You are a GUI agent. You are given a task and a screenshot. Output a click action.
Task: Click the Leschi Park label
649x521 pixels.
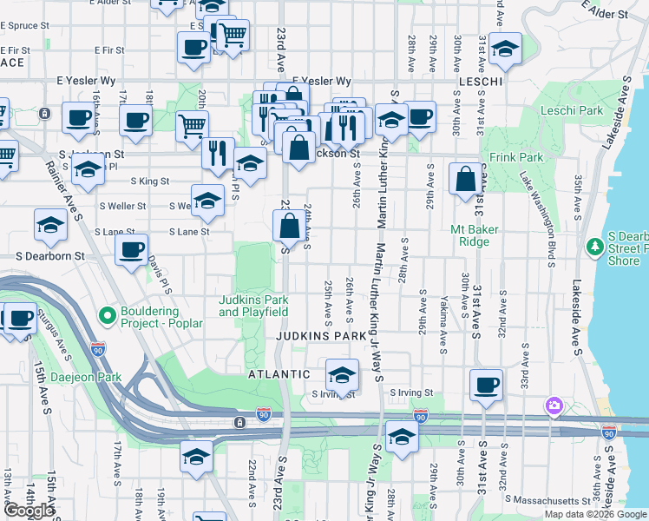(x=571, y=111)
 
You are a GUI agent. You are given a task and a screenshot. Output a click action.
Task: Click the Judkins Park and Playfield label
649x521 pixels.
(x=252, y=306)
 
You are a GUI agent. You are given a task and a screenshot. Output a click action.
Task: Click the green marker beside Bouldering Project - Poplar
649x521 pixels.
(x=107, y=314)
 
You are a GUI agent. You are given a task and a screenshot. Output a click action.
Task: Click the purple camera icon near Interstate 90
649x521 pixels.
(x=554, y=406)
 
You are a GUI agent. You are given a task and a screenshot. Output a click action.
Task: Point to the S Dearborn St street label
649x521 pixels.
(x=50, y=257)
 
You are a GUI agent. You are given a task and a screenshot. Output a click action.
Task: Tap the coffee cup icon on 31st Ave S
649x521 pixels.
(x=486, y=383)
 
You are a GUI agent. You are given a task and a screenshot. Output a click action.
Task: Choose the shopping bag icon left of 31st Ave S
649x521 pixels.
(x=466, y=179)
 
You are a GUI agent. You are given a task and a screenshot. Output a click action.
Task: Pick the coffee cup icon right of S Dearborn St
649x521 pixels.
(x=131, y=248)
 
